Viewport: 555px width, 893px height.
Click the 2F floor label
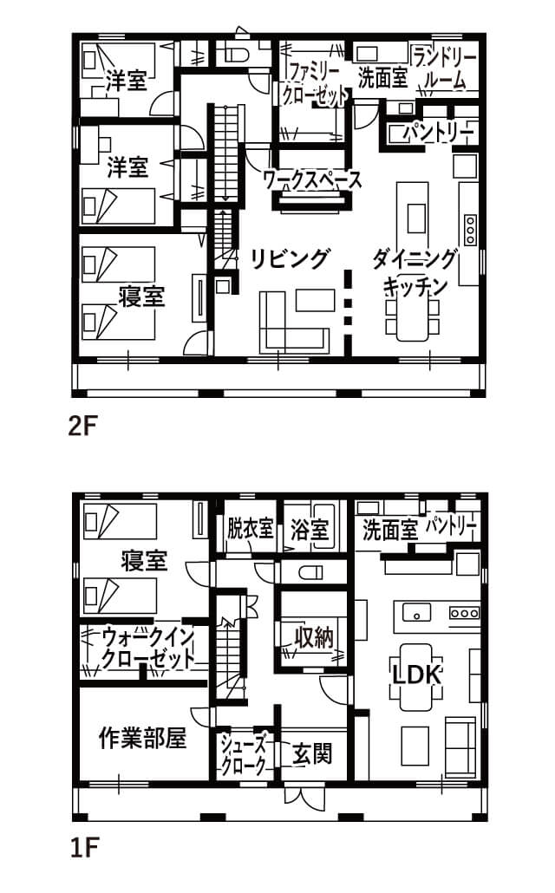pos(83,426)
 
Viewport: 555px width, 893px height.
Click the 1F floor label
pos(83,848)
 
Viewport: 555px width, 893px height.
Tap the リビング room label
pos(291,259)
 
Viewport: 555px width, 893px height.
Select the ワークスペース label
pos(313,180)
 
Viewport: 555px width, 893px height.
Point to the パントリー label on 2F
pos(439,134)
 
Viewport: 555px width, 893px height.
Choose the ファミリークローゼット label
pos(315,84)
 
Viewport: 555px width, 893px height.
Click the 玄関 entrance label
pos(311,754)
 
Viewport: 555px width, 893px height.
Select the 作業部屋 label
pos(142,739)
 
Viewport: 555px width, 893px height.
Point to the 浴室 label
pos(310,530)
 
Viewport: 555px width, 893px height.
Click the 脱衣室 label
pos(250,528)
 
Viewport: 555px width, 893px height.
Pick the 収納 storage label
pos(313,637)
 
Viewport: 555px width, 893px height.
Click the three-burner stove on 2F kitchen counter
pos(471,230)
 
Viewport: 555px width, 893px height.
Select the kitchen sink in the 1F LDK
pos(417,613)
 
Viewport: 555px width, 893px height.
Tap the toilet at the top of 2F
pos(238,55)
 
